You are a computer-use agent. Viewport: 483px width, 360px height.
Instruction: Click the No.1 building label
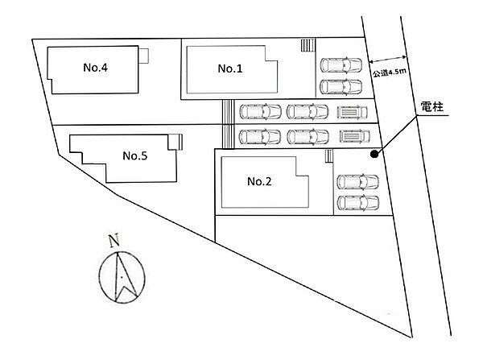pos(230,68)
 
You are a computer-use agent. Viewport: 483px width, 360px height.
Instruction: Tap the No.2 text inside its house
pos(259,181)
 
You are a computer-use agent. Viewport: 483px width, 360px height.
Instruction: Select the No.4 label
pos(96,68)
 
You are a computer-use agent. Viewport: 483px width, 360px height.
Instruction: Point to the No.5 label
pos(135,155)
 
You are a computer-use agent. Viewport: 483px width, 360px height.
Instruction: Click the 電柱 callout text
pos(431,107)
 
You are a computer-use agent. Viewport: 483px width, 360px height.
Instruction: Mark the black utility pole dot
pos(374,154)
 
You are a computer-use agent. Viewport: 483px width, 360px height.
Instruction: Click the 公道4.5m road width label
pos(390,72)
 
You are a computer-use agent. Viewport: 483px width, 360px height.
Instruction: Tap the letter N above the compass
pos(114,241)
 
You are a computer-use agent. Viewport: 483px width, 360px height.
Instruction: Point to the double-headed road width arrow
pos(388,59)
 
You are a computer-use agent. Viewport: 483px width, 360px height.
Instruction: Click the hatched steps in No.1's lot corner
pos(308,45)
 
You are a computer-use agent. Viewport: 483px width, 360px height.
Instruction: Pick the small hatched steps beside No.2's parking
pos(329,155)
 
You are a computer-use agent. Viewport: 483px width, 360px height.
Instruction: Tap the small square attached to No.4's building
pos(143,56)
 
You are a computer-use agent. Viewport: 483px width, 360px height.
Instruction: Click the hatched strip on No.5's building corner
pos(180,142)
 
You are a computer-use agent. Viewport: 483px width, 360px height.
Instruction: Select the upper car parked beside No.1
pos(341,65)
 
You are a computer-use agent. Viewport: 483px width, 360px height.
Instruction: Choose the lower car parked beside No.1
pos(341,87)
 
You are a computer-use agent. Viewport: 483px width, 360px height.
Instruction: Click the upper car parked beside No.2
pos(358,182)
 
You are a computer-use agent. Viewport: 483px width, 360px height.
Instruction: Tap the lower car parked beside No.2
pos(358,203)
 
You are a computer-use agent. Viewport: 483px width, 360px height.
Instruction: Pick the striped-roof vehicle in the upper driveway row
pos(352,112)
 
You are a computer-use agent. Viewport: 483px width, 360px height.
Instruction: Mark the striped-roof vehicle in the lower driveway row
pos(354,136)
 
